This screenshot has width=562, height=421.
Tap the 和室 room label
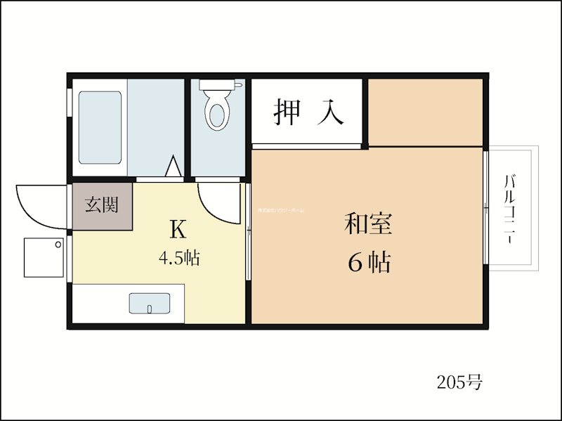pos(368,225)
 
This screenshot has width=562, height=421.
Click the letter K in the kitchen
pos(176,229)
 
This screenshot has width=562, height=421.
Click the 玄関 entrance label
pos(101,205)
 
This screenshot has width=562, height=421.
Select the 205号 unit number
pos(459,383)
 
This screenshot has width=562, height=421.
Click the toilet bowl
pos(218,114)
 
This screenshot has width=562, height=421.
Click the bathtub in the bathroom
pos(99,127)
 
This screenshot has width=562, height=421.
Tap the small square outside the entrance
pos(44,257)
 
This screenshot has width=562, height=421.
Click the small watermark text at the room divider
pos(280,210)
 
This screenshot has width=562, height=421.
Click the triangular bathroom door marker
pos(172,167)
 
